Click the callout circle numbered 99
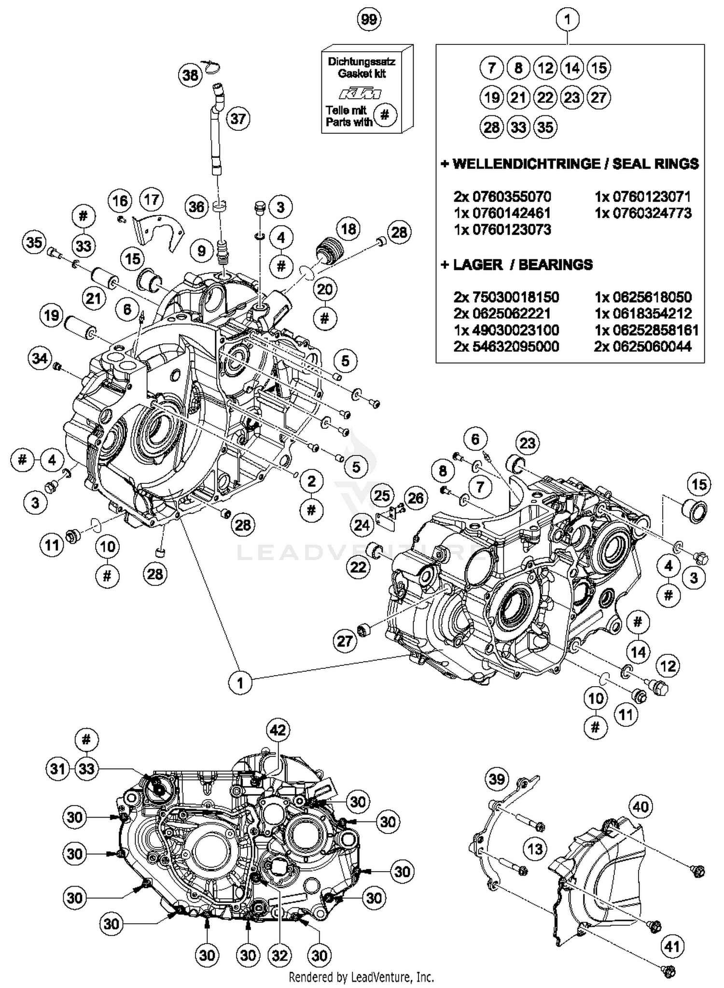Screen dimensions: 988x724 pos(369,19)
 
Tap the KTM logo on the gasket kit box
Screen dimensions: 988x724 pos(359,93)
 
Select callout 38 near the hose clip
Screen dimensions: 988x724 pos(190,75)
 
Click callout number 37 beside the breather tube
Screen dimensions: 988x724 pos(238,118)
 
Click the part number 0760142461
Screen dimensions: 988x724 pos(502,213)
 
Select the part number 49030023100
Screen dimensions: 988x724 pos(506,330)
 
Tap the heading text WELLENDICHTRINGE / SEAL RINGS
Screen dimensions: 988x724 pos(570,164)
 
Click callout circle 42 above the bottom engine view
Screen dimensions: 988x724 pos(278,730)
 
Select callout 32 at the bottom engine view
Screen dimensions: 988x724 pos(279,955)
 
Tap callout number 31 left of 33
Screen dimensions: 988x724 pos(58,768)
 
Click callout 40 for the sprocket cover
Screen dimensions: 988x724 pos(640,806)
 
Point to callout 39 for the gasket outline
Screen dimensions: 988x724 pos(497,779)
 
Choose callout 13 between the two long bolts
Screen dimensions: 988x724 pos(535,849)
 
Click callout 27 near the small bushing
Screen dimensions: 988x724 pos(345,641)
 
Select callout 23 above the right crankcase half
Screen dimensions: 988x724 pos(527,443)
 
